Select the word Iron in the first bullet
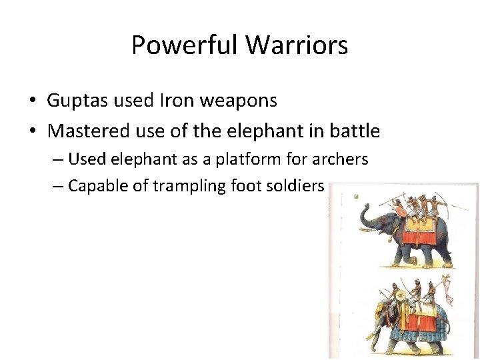click(x=175, y=101)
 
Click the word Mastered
click(x=85, y=131)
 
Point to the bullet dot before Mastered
click(x=32, y=132)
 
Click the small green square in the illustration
click(x=357, y=197)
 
